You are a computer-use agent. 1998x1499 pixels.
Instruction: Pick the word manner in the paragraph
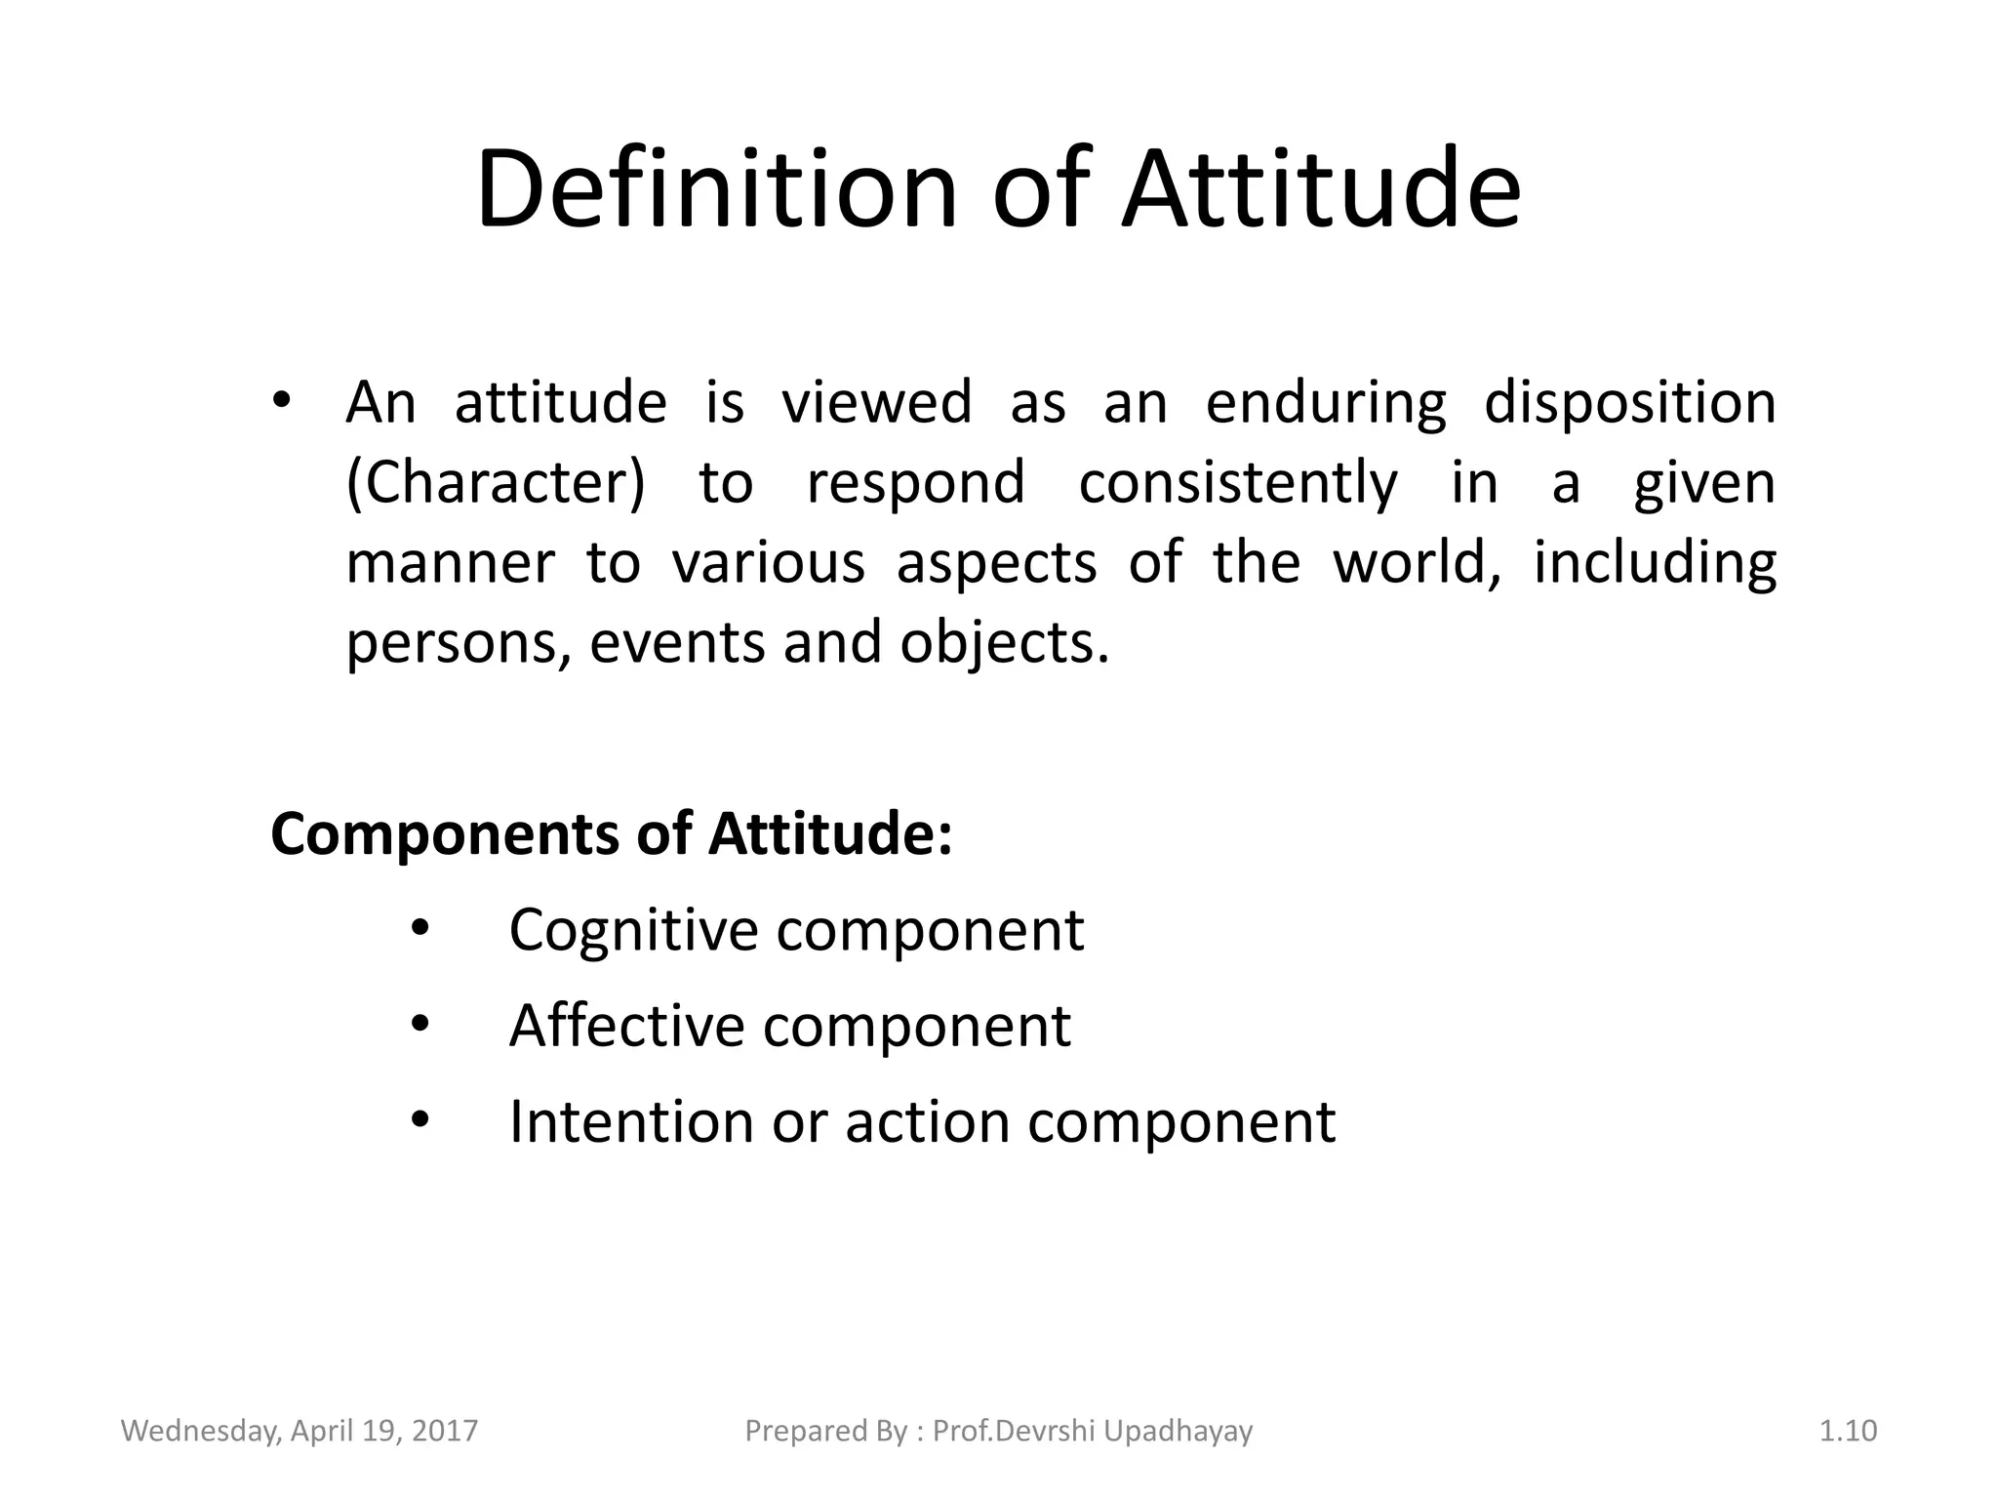(x=450, y=564)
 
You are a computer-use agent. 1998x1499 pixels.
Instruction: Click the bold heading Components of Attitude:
(x=612, y=835)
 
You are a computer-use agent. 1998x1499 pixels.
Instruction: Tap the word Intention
(x=630, y=1122)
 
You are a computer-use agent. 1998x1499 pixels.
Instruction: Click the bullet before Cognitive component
(x=420, y=928)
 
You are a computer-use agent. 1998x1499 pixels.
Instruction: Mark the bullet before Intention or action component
(x=420, y=1119)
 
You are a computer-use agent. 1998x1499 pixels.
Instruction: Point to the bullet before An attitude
(x=281, y=401)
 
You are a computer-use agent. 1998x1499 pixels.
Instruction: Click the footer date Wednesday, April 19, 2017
(x=300, y=1431)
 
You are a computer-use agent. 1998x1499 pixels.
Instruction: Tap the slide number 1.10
(x=1848, y=1431)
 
